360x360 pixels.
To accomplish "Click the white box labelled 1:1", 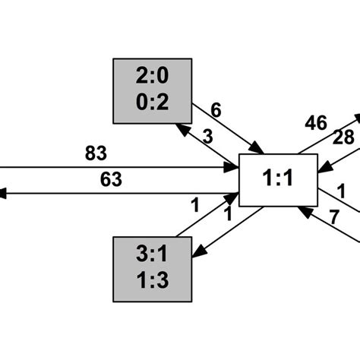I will (276, 181).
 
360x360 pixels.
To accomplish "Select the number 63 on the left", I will (111, 180).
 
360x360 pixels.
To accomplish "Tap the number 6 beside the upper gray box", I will (216, 111).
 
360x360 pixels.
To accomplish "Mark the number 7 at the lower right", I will (335, 216).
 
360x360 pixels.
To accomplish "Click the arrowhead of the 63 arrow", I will (4, 194).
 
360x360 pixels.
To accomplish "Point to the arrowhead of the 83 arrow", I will (233, 166).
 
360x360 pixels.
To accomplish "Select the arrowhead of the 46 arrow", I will (356, 119).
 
